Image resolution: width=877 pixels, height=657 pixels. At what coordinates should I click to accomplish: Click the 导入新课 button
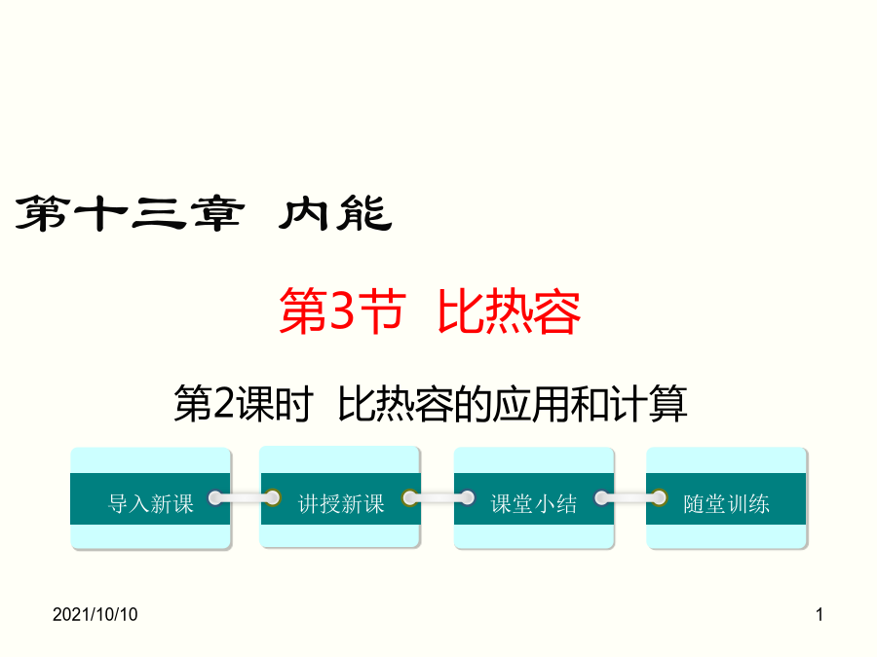click(150, 498)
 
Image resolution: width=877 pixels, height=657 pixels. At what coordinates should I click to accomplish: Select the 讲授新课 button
click(339, 497)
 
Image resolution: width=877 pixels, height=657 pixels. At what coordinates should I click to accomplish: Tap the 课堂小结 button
click(534, 498)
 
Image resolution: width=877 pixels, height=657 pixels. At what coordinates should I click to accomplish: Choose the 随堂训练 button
click(727, 498)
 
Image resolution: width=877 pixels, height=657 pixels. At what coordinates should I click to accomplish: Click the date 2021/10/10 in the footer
click(95, 614)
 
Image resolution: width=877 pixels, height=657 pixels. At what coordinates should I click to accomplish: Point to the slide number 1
click(820, 614)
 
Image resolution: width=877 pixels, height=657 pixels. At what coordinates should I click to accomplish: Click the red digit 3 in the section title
click(341, 311)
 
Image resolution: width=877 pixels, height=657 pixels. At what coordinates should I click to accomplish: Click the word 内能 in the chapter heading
click(335, 213)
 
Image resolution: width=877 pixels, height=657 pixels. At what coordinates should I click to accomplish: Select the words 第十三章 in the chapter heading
click(130, 213)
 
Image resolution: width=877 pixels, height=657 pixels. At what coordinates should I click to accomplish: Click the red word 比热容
click(509, 311)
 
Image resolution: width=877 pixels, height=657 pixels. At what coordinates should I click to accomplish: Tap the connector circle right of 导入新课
click(214, 497)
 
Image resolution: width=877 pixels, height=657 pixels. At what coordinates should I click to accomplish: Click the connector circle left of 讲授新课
click(273, 497)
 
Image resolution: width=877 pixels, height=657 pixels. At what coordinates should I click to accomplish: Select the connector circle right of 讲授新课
click(409, 497)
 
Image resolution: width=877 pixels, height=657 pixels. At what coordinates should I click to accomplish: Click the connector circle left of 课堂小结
click(468, 497)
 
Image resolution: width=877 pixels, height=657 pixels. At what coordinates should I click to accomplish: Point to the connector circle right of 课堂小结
click(602, 497)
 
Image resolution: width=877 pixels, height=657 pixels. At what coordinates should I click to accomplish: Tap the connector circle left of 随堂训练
click(660, 497)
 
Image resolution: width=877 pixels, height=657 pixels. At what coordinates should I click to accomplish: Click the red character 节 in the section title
click(383, 311)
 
